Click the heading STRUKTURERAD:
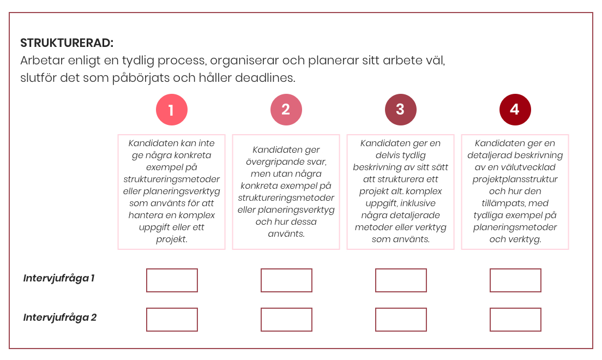point(67,43)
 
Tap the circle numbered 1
point(172,110)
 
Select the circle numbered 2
point(286,110)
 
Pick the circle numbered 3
point(400,110)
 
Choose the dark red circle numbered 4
point(515,110)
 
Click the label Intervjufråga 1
point(59,278)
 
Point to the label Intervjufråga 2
point(60,317)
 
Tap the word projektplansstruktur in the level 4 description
point(515,179)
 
